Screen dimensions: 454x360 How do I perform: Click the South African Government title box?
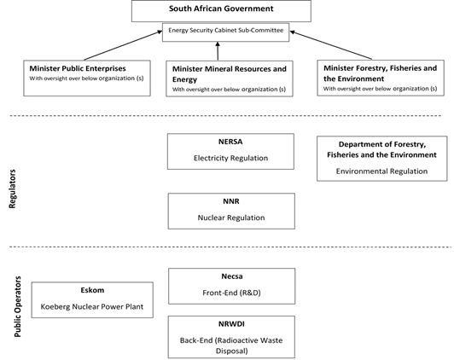[x=221, y=11]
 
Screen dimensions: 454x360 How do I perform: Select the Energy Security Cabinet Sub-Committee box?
[x=225, y=32]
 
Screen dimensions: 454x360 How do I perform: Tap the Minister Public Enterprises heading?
[x=78, y=68]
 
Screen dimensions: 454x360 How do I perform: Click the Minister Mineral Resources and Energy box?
[x=230, y=78]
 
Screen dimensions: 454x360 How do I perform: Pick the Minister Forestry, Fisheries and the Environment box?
[x=381, y=78]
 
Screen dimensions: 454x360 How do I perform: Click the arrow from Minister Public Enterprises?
[x=124, y=45]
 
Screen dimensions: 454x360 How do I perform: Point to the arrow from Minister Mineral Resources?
[x=218, y=51]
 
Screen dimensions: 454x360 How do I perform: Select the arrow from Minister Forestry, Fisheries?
[x=330, y=45]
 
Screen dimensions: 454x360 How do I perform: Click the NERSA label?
[x=230, y=142]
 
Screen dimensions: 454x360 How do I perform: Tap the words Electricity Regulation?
[x=230, y=158]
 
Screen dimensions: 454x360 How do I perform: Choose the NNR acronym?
[x=231, y=201]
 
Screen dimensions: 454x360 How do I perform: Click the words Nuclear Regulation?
[x=231, y=218]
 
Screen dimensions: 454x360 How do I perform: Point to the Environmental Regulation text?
[x=381, y=171]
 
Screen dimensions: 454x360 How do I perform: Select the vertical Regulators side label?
[x=12, y=189]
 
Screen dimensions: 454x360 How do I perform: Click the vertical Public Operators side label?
[x=18, y=306]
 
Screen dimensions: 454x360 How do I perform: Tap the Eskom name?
[x=92, y=290]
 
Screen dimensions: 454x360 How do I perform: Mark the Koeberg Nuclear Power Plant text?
[x=92, y=307]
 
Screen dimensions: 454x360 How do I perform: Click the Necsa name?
[x=232, y=276]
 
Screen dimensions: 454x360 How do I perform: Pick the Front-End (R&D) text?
[x=231, y=293]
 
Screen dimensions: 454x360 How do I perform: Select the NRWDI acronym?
[x=231, y=324]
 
